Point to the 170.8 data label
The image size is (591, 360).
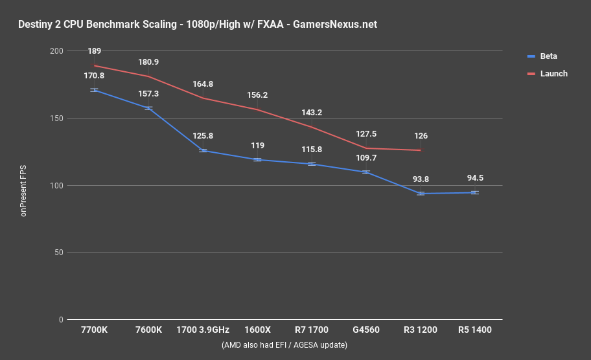(x=95, y=76)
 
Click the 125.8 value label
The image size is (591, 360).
(x=203, y=136)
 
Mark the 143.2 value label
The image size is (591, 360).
(x=312, y=112)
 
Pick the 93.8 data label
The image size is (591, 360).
(x=421, y=179)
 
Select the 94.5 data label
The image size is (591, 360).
(x=475, y=179)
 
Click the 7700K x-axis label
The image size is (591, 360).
(x=95, y=330)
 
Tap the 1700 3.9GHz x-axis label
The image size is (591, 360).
(x=203, y=330)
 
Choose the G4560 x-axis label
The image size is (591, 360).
(x=366, y=330)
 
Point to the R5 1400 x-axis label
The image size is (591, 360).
(x=475, y=330)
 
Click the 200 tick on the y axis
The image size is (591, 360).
(x=56, y=51)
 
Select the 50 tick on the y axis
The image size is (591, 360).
(x=58, y=253)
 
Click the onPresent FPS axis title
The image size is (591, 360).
(x=24, y=185)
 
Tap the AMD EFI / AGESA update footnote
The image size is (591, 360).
(x=284, y=345)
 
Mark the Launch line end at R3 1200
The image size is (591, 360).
(x=421, y=150)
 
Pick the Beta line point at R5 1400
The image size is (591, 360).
(x=475, y=192)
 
